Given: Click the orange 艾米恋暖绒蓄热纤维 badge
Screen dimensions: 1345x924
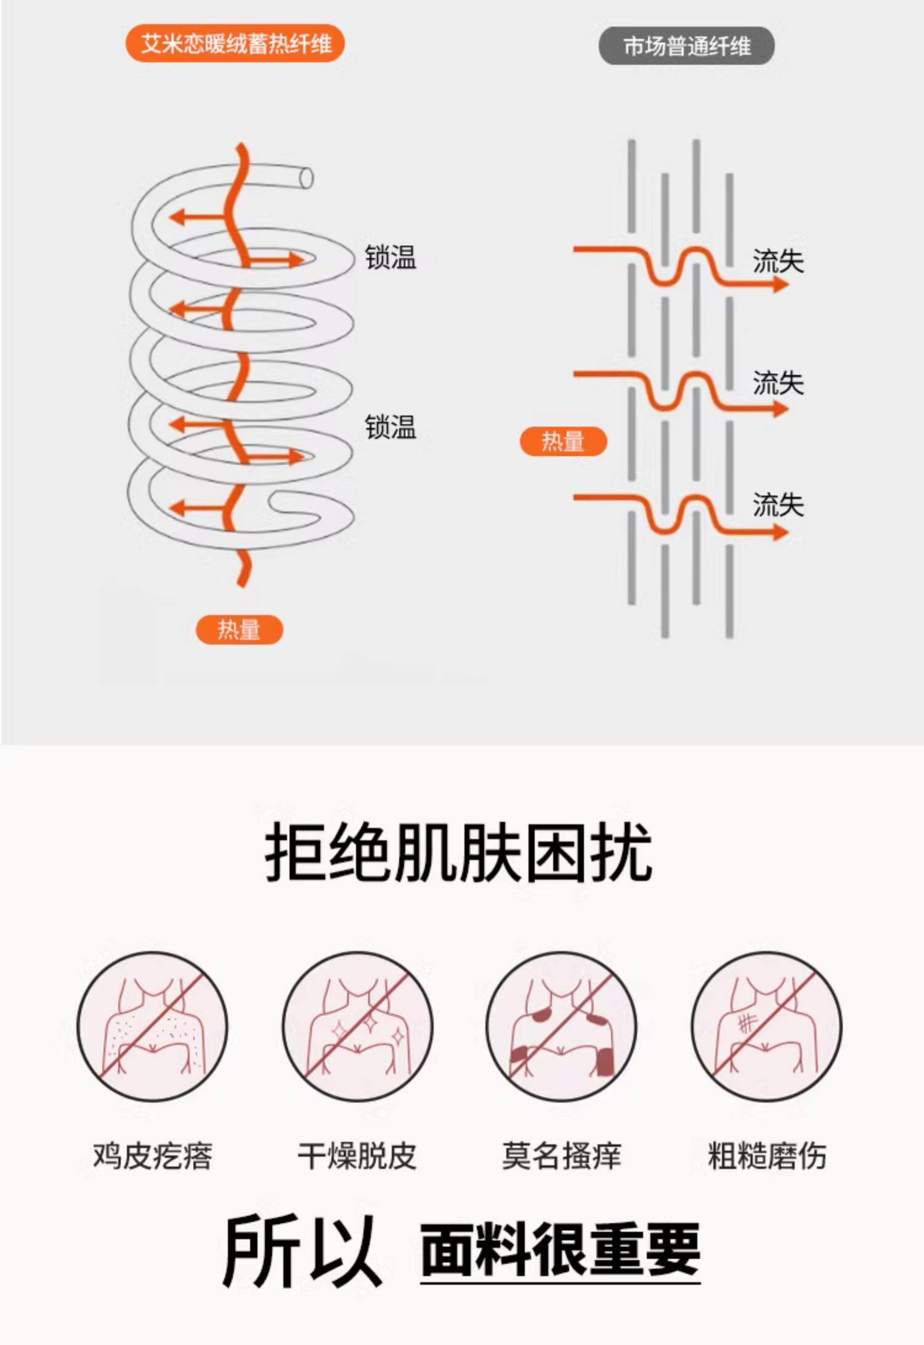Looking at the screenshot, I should [235, 44].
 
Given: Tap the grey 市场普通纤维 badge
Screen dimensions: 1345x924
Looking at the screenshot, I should [686, 46].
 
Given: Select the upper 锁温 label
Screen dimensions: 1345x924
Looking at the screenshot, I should [391, 257].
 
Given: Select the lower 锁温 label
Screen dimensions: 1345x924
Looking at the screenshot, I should [391, 427].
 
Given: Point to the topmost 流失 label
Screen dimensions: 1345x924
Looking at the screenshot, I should [778, 261].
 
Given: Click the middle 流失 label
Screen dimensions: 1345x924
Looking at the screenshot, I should [778, 383].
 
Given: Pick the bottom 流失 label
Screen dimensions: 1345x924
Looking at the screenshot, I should [778, 505].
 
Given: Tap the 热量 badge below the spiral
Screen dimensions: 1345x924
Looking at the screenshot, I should [239, 629].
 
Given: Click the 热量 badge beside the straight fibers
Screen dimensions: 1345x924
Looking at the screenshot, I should [563, 442].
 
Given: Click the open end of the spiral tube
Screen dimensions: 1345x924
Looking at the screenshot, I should [306, 179].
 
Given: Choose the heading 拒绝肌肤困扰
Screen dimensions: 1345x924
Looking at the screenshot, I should [459, 854].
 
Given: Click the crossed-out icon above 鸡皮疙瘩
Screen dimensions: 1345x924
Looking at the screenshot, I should [152, 1027].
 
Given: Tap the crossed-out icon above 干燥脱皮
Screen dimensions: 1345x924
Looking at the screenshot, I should [358, 1027].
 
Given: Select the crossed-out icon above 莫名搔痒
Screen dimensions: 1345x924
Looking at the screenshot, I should [561, 1027].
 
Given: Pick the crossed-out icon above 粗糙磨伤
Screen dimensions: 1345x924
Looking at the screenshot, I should [766, 1027].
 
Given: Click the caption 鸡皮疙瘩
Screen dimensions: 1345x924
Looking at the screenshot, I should [152, 1156].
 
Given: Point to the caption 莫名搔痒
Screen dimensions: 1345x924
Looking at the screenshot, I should [561, 1156].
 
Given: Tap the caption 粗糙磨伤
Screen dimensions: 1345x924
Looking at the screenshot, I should [767, 1156].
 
